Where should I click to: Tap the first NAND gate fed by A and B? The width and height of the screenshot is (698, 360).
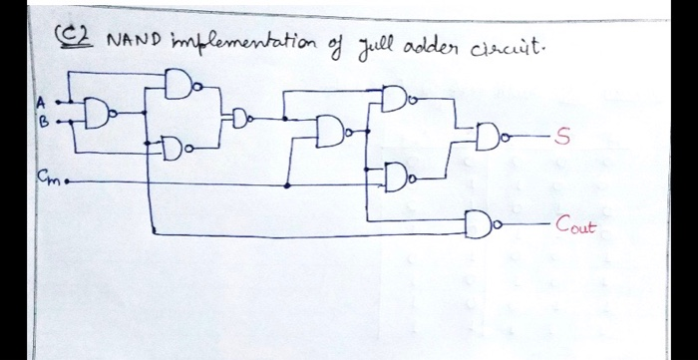(x=99, y=114)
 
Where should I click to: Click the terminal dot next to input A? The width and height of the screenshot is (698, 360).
(x=58, y=102)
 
